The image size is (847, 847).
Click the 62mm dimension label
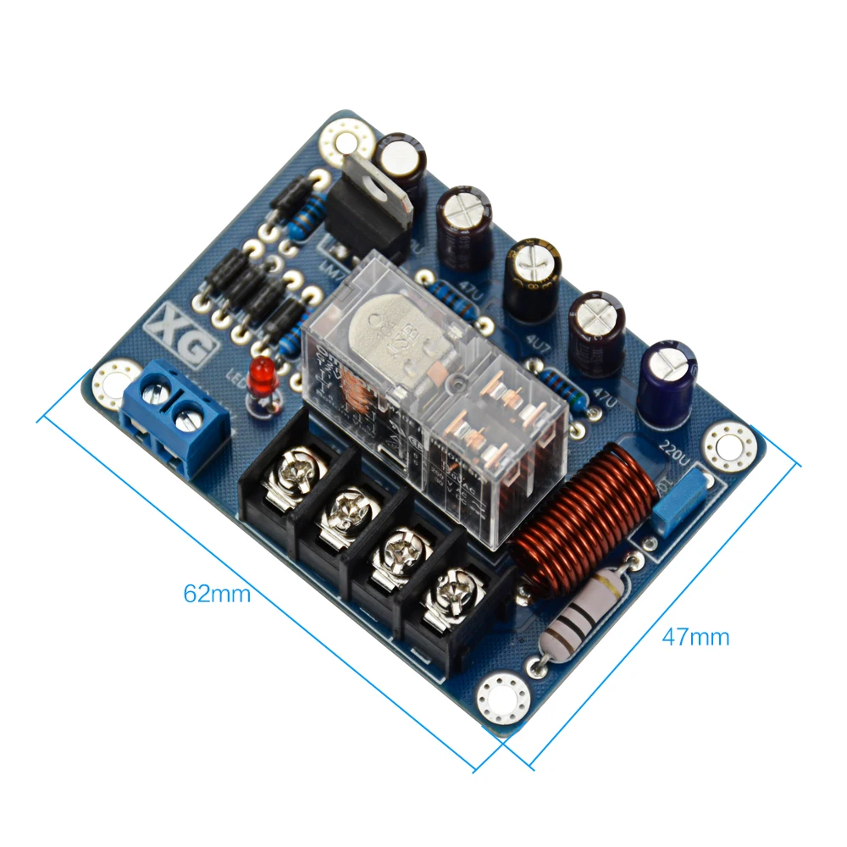coord(217,594)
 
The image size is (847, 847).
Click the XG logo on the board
coord(179,333)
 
